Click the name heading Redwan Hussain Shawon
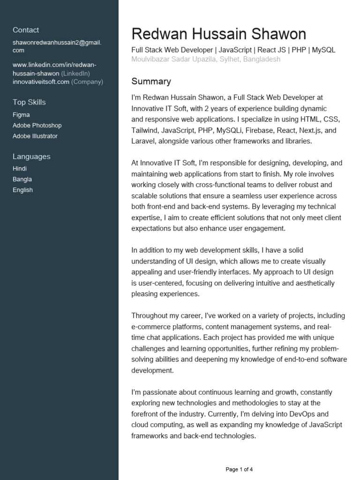pyautogui.click(x=218, y=34)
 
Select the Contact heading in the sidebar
pyautogui.click(x=26, y=30)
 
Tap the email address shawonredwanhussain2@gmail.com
pyautogui.click(x=57, y=46)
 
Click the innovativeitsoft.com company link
pyautogui.click(x=41, y=82)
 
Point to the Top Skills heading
pyautogui.click(x=29, y=102)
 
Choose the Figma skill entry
pyautogui.click(x=21, y=115)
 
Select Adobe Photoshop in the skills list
pyautogui.click(x=37, y=126)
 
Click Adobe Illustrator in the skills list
pyautogui.click(x=35, y=136)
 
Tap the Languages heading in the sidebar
pyautogui.click(x=31, y=157)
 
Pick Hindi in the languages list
pyautogui.click(x=20, y=169)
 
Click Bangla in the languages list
pyautogui.click(x=22, y=180)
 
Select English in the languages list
pyautogui.click(x=22, y=190)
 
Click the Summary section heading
pyautogui.click(x=151, y=82)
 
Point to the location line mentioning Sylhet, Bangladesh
pyautogui.click(x=206, y=59)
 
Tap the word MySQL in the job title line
pyautogui.click(x=323, y=50)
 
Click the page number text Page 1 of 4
pyautogui.click(x=239, y=469)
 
